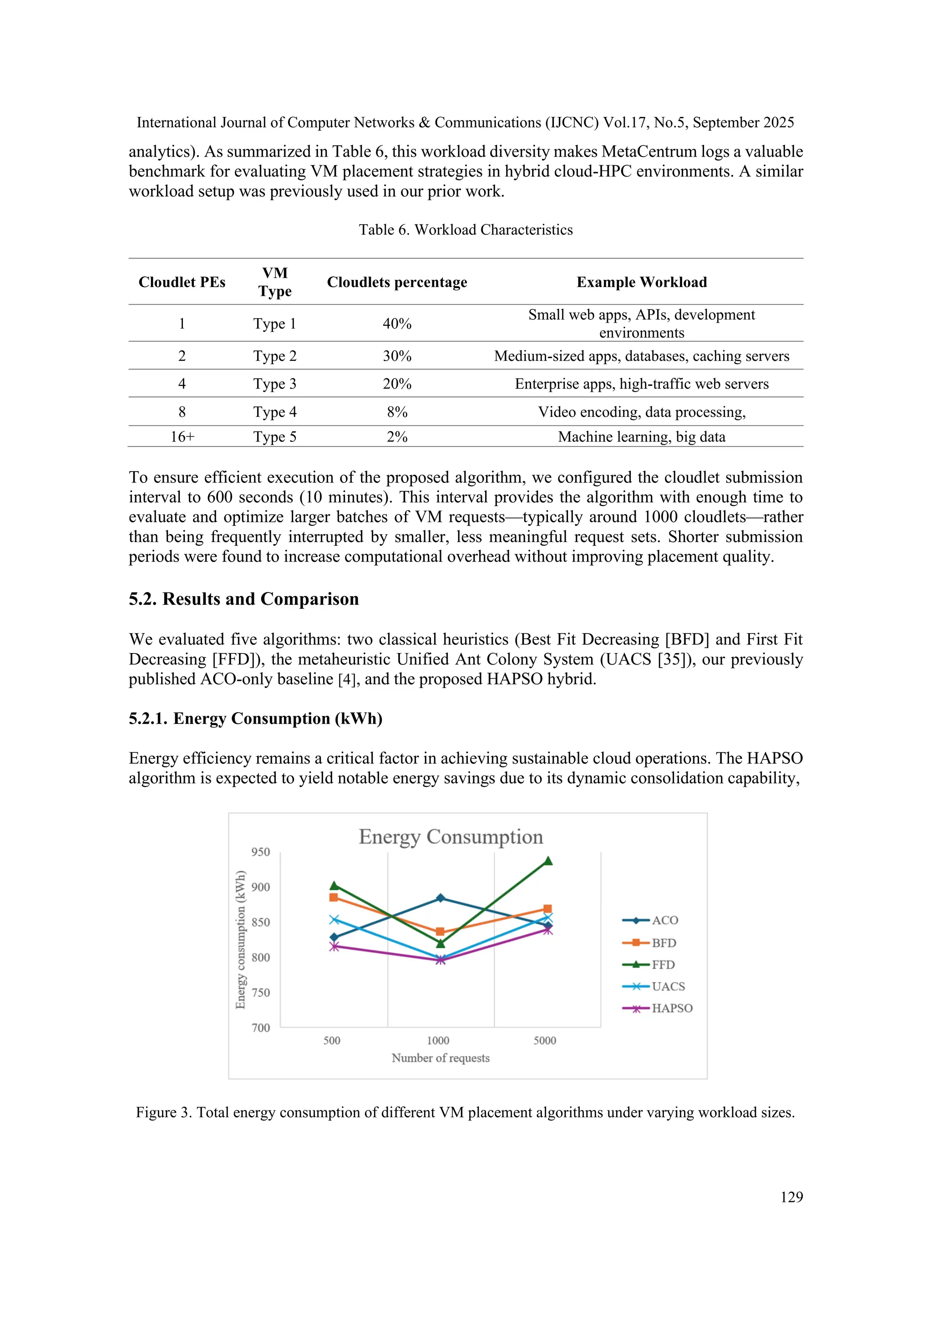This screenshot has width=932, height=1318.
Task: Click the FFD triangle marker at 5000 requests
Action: (548, 861)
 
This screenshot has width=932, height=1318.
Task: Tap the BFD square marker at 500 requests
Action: (334, 897)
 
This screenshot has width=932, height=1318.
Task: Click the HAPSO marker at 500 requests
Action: (334, 946)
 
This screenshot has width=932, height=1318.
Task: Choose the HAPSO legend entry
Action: (658, 1008)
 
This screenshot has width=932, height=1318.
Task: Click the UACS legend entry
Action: (654, 986)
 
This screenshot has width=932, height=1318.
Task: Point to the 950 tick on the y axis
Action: (261, 852)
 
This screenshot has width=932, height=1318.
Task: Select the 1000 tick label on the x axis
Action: (438, 1040)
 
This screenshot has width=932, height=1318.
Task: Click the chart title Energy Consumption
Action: (451, 836)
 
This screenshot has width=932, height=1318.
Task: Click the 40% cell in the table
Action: (397, 324)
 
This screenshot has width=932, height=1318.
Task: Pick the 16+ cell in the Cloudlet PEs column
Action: (182, 436)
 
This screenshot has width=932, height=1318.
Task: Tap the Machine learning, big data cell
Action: (642, 436)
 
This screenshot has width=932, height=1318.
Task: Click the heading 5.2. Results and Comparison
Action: (243, 599)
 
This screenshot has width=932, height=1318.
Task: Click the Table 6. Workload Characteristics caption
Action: (466, 230)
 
